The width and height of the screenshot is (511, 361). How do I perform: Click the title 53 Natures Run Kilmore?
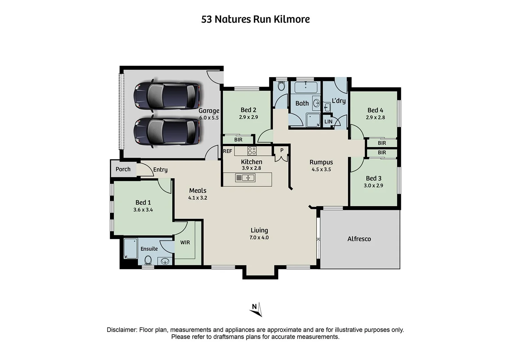(x=256, y=19)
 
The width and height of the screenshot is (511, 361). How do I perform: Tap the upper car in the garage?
(x=167, y=96)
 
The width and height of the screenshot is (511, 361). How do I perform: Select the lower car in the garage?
(x=167, y=132)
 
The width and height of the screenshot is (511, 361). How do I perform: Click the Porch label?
(x=123, y=169)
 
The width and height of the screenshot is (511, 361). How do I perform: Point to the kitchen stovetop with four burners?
(x=252, y=151)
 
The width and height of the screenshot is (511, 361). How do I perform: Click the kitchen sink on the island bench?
(x=245, y=178)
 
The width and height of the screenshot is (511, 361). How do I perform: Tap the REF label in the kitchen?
(x=228, y=151)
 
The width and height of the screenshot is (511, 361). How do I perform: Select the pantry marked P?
(x=282, y=150)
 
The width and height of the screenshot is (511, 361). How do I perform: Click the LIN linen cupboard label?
(x=328, y=122)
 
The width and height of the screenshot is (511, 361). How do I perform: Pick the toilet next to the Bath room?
(x=281, y=86)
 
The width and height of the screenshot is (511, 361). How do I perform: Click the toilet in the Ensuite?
(x=148, y=260)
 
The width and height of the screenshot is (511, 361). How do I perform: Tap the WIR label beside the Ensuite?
(x=185, y=242)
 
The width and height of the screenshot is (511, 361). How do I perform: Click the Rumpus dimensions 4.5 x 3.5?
(x=321, y=169)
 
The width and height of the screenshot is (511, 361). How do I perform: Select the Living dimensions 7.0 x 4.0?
(x=259, y=237)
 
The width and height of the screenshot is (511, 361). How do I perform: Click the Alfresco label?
(x=359, y=239)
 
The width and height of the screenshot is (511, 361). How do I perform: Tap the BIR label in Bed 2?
(x=238, y=140)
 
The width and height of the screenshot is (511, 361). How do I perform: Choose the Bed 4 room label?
(x=375, y=110)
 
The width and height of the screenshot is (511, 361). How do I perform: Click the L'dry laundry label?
(x=339, y=101)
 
